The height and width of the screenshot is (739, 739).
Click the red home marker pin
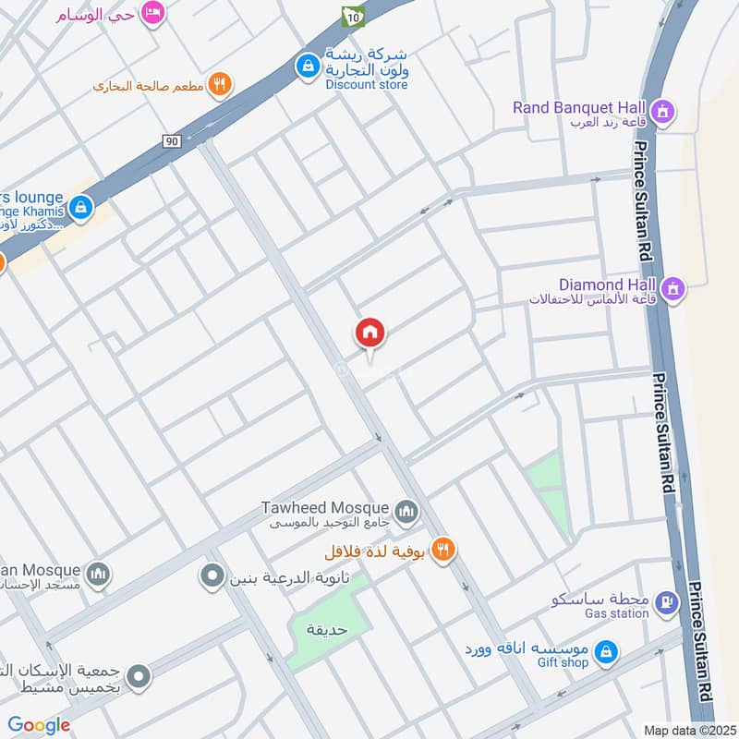coord(369,333)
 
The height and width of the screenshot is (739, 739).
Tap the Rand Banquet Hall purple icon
coord(661,113)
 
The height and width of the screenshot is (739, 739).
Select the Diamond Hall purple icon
coord(674,288)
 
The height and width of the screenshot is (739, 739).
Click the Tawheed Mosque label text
coord(327,507)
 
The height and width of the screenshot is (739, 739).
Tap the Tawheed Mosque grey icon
coord(405,511)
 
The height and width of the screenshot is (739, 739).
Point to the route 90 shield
coord(171,140)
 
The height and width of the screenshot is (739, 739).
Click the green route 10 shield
coord(353,16)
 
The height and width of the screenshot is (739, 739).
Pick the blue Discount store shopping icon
coord(306,66)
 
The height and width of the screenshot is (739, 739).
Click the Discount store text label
coord(366,84)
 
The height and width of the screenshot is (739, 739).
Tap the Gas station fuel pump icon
coord(665,603)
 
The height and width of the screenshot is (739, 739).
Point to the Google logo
coord(39,725)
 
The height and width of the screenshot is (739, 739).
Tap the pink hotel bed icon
coord(153,12)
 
